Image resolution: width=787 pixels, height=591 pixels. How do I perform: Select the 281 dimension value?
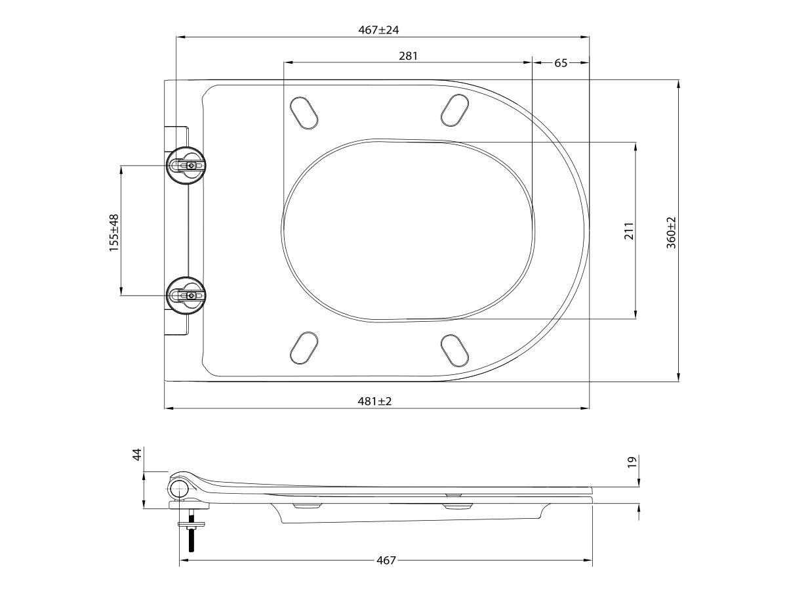pyautogui.click(x=408, y=56)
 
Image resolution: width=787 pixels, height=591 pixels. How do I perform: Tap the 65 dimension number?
pyautogui.click(x=561, y=63)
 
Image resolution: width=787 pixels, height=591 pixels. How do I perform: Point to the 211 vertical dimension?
pyautogui.click(x=628, y=231)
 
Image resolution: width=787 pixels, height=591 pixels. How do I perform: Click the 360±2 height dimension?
pyautogui.click(x=671, y=231)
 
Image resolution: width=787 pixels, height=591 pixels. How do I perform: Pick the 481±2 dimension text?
pyautogui.click(x=375, y=401)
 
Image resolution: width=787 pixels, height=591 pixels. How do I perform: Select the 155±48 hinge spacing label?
pyautogui.click(x=114, y=232)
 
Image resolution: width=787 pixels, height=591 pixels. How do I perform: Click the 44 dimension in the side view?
pyautogui.click(x=137, y=454)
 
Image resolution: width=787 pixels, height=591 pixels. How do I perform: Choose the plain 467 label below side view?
pyautogui.click(x=386, y=560)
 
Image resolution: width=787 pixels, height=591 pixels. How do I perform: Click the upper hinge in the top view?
pyautogui.click(x=188, y=165)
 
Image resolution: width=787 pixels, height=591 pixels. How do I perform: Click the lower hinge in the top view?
pyautogui.click(x=188, y=295)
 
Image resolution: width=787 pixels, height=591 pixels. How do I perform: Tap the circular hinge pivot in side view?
pyautogui.click(x=180, y=490)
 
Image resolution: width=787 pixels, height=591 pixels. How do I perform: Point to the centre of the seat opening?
pyautogui.click(x=409, y=230)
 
